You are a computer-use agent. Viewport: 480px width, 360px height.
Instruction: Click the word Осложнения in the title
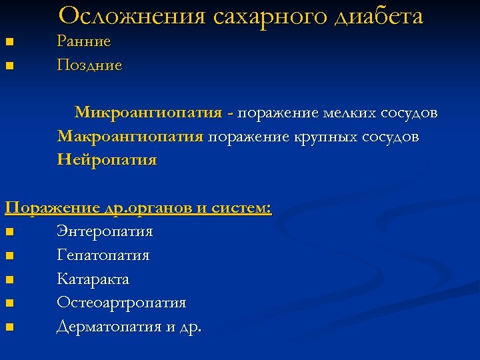(x=133, y=16)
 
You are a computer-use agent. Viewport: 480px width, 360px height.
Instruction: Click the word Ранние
(x=84, y=41)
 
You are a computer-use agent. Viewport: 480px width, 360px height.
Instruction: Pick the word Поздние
(x=89, y=65)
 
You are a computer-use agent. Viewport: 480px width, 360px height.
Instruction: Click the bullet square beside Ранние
(x=8, y=43)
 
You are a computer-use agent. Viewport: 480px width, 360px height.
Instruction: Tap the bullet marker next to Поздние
(x=8, y=67)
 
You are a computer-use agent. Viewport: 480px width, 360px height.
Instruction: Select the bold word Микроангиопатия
(x=148, y=112)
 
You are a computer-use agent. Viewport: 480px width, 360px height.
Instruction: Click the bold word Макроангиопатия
(x=130, y=137)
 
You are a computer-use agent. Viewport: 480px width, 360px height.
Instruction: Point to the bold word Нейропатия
(x=107, y=160)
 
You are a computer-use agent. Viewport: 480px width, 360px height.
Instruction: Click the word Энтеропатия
(x=105, y=232)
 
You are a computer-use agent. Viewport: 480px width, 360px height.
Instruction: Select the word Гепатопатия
(x=103, y=255)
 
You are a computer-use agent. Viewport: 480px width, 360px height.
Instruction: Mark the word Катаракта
(x=93, y=279)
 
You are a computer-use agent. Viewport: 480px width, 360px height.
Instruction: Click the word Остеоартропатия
(x=121, y=303)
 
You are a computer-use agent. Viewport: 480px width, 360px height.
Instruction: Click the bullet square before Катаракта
(x=8, y=280)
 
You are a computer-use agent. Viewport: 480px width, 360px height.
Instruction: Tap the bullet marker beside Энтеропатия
(x=8, y=233)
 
